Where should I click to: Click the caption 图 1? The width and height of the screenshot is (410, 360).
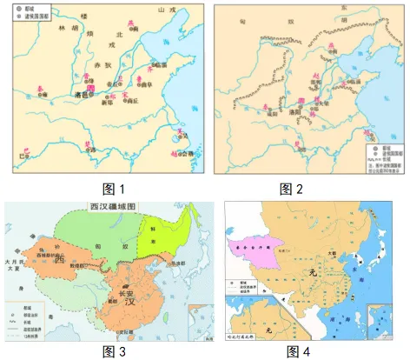click(x=103, y=189)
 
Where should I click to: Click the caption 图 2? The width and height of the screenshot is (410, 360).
click(x=301, y=189)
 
